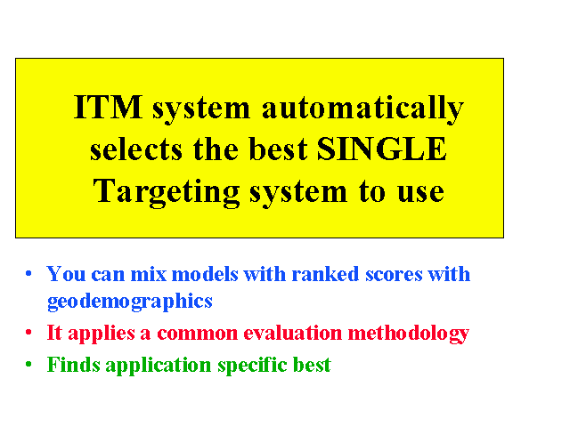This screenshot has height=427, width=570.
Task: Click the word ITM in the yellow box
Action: pyautogui.click(x=108, y=107)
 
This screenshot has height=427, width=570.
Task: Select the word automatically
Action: pyautogui.click(x=362, y=109)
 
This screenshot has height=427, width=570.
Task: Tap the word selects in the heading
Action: pyautogui.click(x=136, y=149)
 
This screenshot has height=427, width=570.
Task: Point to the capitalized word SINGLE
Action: pyautogui.click(x=382, y=149)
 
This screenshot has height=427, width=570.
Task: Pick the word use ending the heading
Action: pyautogui.click(x=420, y=192)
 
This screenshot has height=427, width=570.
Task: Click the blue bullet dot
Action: pyautogui.click(x=28, y=273)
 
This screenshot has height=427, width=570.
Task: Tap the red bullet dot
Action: pyautogui.click(x=28, y=332)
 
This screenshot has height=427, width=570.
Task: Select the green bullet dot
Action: pyautogui.click(x=28, y=364)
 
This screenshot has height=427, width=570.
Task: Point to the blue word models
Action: pyautogui.click(x=205, y=274)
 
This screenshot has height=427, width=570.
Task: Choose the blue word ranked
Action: pyautogui.click(x=325, y=274)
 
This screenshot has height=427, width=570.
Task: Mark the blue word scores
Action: pyautogui.click(x=394, y=275)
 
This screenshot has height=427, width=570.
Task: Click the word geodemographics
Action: pyautogui.click(x=130, y=302)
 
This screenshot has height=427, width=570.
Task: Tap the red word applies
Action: pyautogui.click(x=102, y=334)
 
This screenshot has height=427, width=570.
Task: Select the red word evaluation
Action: pyautogui.click(x=293, y=333)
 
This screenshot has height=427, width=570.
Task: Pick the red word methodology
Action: pyautogui.click(x=409, y=334)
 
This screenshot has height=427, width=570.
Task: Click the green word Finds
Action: pyautogui.click(x=73, y=365)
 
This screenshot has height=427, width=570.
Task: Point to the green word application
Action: pyautogui.click(x=159, y=366)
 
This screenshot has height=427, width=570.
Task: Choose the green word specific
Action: pyautogui.click(x=252, y=366)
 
